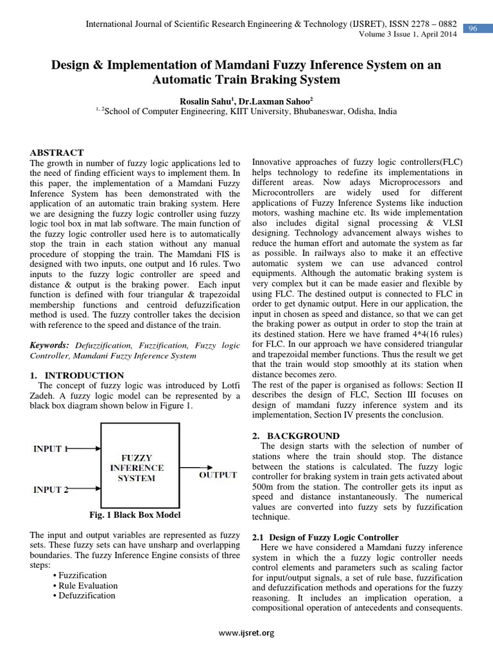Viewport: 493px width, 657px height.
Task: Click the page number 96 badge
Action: [474, 28]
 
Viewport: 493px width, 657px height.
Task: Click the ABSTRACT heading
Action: [57, 153]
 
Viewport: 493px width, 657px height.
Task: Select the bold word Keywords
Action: [51, 345]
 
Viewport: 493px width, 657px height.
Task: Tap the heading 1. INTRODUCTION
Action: [77, 375]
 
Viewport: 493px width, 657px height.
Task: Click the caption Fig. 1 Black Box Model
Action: [135, 515]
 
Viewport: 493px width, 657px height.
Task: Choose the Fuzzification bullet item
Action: [83, 575]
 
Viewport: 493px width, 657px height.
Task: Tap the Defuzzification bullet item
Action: [87, 595]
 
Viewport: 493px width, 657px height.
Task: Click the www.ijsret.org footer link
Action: [246, 633]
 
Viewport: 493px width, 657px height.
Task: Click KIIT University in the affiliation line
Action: [259, 111]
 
